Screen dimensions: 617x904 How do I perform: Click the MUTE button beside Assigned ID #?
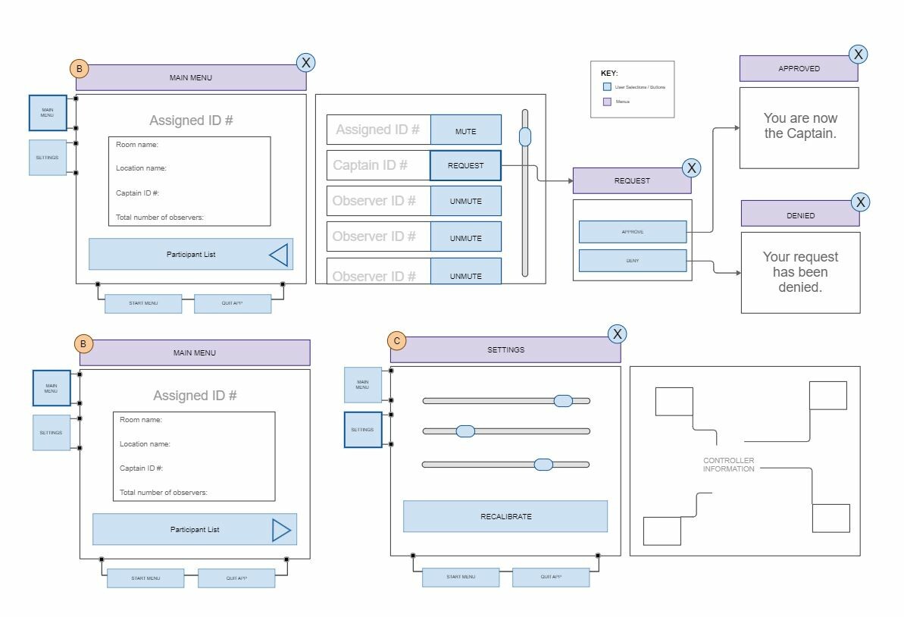[x=465, y=130]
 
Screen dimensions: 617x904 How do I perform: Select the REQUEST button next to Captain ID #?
[x=465, y=165]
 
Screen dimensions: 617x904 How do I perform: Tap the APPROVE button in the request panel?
[x=633, y=232]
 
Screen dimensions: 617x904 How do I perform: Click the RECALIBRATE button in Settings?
[x=505, y=516]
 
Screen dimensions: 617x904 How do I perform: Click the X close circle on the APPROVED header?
[x=858, y=54]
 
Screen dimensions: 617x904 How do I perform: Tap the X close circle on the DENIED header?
[x=860, y=202]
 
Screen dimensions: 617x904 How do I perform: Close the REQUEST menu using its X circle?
[x=691, y=168]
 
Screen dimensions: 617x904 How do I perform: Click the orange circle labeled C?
[x=396, y=341]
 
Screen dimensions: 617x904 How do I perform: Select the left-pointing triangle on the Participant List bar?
[x=279, y=255]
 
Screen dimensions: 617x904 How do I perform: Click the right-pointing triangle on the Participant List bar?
[x=281, y=530]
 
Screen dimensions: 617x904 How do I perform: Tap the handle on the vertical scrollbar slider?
[x=524, y=137]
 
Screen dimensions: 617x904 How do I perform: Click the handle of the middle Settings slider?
[x=465, y=431]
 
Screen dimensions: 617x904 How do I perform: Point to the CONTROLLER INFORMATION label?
[x=729, y=465]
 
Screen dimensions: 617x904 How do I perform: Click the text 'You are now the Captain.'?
[x=799, y=126]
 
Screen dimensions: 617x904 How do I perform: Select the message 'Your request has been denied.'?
[x=800, y=272]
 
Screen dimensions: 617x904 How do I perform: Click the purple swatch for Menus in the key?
[x=607, y=102]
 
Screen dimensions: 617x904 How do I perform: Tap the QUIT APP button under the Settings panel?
[x=551, y=577]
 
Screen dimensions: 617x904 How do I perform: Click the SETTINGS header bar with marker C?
[x=505, y=350]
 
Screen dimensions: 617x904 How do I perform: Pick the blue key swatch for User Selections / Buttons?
[x=607, y=87]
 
